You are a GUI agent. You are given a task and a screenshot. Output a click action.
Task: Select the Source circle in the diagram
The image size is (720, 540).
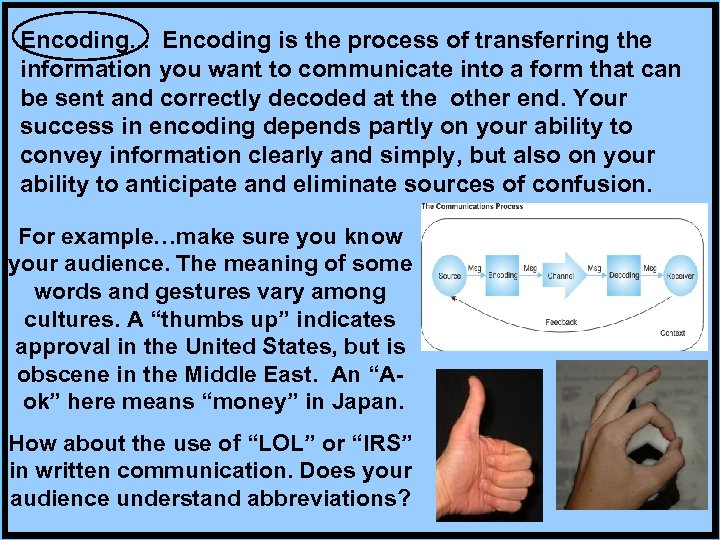(x=448, y=272)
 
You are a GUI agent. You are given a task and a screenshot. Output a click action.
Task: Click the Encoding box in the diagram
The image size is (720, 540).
(x=504, y=272)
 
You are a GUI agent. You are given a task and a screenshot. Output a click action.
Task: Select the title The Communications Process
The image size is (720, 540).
(x=471, y=207)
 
